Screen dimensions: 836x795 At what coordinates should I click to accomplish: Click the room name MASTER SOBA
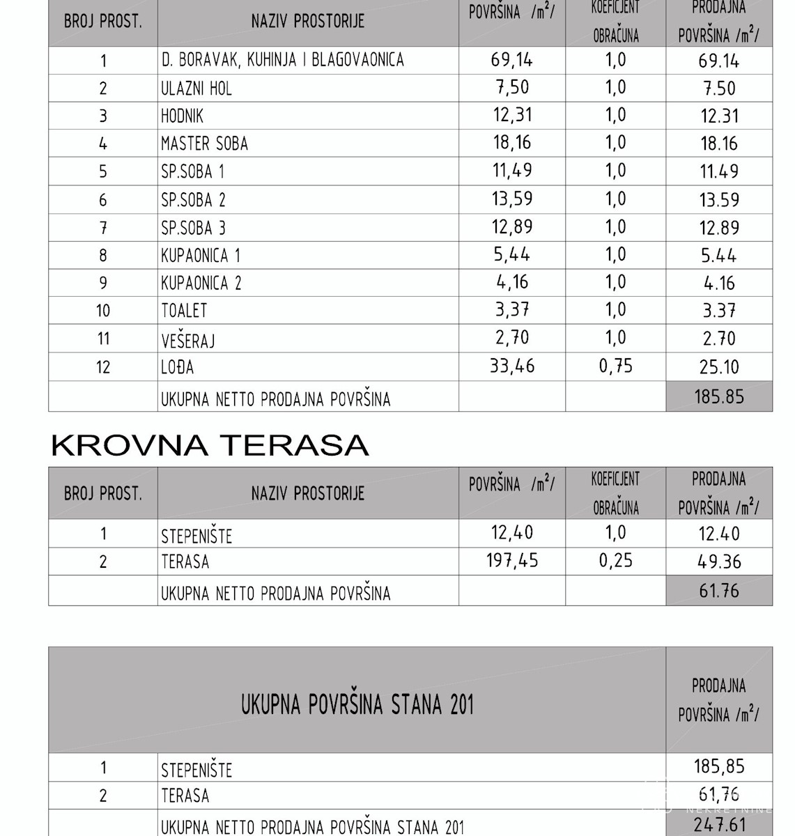(204, 144)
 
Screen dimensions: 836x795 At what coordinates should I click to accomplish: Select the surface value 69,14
(511, 60)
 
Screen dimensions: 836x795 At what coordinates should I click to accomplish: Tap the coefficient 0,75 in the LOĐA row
(615, 366)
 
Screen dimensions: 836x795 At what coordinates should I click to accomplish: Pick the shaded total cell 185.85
(719, 396)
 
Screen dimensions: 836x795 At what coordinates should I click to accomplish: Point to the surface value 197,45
(511, 561)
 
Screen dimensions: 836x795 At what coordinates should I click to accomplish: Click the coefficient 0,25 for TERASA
(615, 561)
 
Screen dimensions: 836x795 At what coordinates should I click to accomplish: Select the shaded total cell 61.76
(719, 591)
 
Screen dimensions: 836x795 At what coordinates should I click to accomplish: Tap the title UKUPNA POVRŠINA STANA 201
(357, 704)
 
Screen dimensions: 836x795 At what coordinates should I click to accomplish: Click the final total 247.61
(719, 826)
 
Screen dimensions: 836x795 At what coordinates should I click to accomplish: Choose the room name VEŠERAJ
(188, 339)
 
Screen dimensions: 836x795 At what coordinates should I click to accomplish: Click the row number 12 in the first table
(103, 367)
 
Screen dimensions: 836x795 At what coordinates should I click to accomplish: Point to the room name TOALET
(184, 311)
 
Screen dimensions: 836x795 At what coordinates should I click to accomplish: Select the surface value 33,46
(511, 366)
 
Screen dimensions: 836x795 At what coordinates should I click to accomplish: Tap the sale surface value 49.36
(719, 562)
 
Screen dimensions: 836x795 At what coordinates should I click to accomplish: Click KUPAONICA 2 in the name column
(201, 283)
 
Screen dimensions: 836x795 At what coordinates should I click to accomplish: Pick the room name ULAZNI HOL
(196, 88)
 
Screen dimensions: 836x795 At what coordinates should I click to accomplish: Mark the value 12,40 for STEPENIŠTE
(511, 533)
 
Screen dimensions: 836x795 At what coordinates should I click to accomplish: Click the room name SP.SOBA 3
(193, 228)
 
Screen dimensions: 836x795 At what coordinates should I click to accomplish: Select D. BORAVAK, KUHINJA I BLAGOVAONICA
(282, 60)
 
